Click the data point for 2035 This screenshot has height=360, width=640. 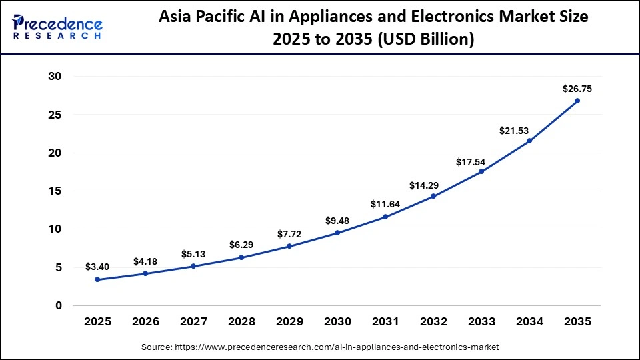pyautogui.click(x=577, y=101)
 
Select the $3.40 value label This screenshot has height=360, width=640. pyautogui.click(x=97, y=267)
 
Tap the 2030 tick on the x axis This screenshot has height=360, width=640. pyautogui.click(x=337, y=321)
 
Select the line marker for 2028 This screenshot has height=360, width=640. pyautogui.click(x=241, y=257)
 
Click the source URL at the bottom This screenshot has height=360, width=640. pyautogui.click(x=320, y=347)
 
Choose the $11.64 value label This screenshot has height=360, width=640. pyautogui.click(x=385, y=203)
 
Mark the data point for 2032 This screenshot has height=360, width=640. pyautogui.click(x=433, y=196)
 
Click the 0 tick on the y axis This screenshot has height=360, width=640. pyautogui.click(x=58, y=305)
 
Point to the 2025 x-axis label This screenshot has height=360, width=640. pyautogui.click(x=97, y=321)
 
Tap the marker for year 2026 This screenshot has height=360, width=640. pyautogui.click(x=145, y=273)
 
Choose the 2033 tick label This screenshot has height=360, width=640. pyautogui.click(x=481, y=321)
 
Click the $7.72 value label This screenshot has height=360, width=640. pyautogui.click(x=289, y=234)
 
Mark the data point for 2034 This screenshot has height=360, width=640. pyautogui.click(x=529, y=141)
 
